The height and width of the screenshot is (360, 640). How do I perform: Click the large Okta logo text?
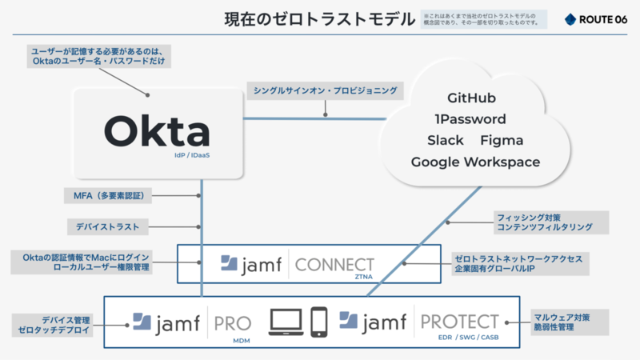tap(157, 131)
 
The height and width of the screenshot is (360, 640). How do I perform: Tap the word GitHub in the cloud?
tap(471, 98)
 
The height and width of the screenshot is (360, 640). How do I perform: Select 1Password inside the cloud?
tap(470, 119)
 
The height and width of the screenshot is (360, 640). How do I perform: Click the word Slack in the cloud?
tap(446, 141)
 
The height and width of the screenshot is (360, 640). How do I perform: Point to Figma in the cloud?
tap(502, 141)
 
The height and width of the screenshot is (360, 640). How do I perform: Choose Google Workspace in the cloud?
tap(475, 162)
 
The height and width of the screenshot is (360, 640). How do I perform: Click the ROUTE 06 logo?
tap(596, 19)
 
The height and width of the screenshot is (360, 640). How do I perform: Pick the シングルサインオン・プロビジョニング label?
tap(324, 90)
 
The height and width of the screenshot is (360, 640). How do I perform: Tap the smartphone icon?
tap(319, 322)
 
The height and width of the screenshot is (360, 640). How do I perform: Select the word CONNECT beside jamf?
tap(334, 265)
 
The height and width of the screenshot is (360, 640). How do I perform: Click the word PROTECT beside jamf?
tap(459, 322)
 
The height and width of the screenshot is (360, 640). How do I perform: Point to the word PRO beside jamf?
tap(232, 322)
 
